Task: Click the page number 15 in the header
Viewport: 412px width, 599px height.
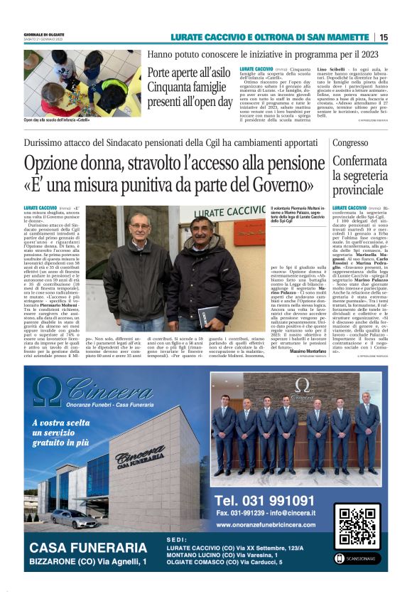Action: pos(384,37)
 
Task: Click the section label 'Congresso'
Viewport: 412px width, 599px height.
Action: pos(351,142)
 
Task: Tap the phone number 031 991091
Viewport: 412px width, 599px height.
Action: pos(264,500)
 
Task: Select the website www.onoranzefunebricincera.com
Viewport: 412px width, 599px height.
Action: pos(269,524)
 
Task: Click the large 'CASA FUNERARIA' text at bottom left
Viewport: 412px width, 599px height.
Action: pos(88,548)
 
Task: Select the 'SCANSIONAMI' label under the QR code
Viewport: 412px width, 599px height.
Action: pos(359,558)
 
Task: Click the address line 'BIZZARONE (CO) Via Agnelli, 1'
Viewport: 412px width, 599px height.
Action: pos(88,562)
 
